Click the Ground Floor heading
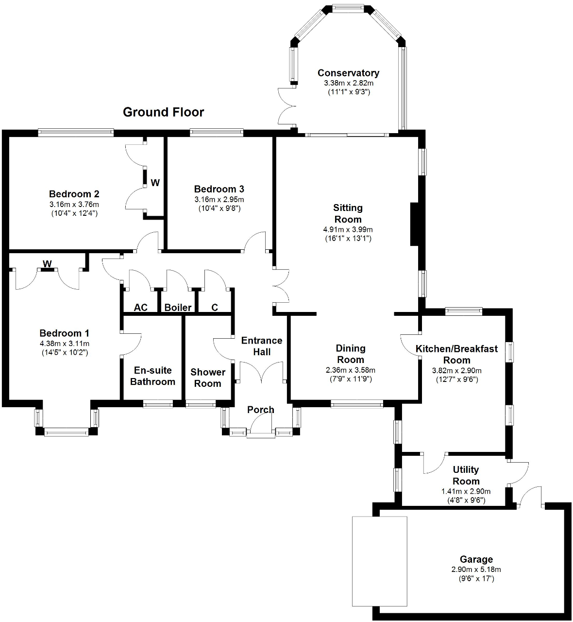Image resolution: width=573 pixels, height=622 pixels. [163, 112]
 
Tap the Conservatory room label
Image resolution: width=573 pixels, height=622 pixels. [348, 73]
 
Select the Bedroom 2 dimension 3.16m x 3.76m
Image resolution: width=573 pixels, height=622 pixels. [74, 205]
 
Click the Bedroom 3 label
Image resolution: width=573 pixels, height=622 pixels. [219, 189]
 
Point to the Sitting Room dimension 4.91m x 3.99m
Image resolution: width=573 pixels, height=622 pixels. [348, 229]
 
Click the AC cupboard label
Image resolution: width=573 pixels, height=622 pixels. [141, 308]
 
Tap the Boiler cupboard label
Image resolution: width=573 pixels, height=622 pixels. [178, 308]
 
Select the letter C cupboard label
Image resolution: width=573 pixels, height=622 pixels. [215, 308]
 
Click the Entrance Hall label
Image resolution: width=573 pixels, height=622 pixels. [262, 346]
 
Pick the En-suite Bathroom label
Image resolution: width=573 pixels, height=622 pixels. [153, 376]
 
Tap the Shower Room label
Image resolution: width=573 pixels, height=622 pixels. [208, 378]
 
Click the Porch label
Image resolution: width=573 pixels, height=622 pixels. [260, 410]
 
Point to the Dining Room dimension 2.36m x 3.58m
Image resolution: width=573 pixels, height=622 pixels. [351, 370]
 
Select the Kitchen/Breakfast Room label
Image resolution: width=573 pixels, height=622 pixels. [456, 354]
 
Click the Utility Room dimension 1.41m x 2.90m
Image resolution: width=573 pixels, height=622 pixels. [466, 491]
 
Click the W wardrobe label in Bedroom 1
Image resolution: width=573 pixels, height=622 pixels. [47, 264]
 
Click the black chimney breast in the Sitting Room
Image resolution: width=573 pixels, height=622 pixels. [415, 224]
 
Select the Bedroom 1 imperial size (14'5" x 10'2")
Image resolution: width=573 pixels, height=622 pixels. [65, 353]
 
